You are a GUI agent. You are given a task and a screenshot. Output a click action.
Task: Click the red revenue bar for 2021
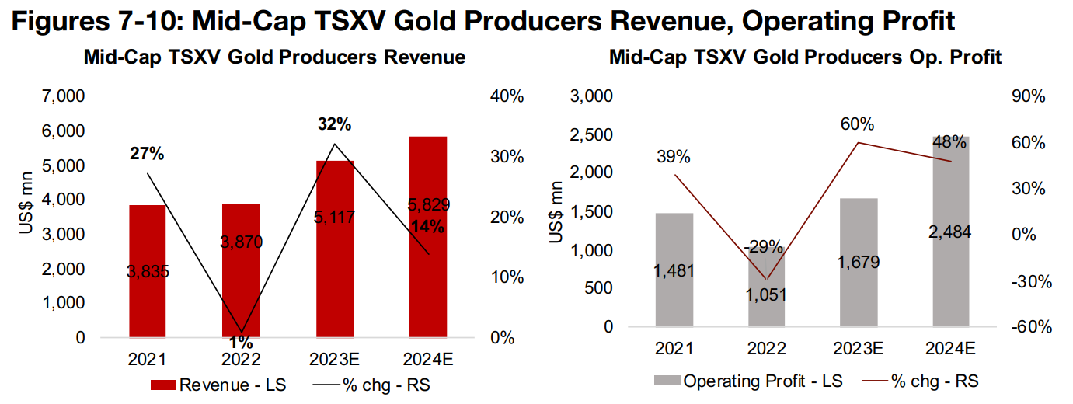147,233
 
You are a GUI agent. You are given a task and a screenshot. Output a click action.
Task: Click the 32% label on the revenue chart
334,124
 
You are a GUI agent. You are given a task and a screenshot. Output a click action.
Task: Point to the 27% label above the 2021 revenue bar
147,154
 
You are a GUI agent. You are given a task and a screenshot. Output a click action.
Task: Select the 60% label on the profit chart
857,124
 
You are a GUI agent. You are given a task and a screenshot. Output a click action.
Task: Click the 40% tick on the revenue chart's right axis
508,97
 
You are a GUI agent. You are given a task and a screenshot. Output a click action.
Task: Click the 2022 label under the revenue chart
242,359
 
